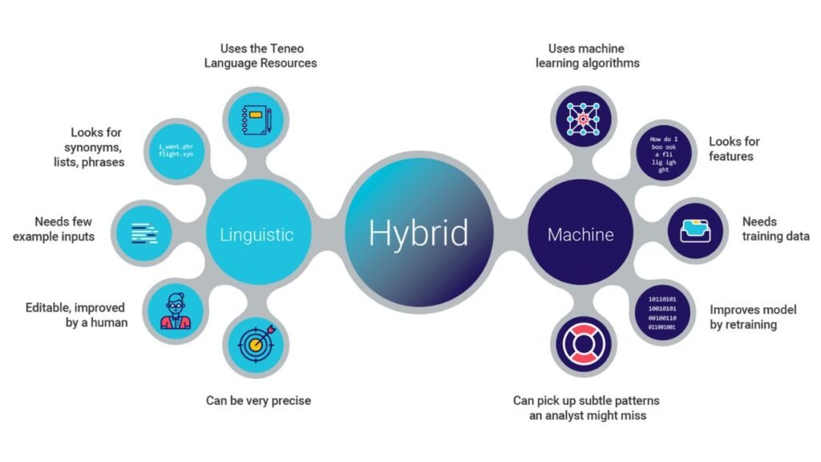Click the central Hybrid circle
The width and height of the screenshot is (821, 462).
(419, 233)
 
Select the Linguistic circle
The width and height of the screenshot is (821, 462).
(257, 234)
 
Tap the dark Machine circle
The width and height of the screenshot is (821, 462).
(580, 234)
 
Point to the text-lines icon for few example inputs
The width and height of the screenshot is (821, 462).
(144, 233)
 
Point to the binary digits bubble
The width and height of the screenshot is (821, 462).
(661, 314)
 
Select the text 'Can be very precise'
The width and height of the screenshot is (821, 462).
(259, 400)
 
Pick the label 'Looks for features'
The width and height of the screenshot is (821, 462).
(734, 148)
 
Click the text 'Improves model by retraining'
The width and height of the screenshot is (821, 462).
(754, 316)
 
